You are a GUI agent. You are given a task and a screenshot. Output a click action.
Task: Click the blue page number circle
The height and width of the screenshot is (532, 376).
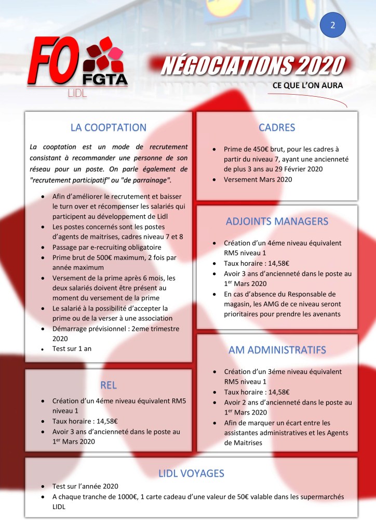[x=333, y=24]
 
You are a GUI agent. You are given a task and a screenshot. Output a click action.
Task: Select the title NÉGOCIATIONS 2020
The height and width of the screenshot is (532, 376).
[x=253, y=66]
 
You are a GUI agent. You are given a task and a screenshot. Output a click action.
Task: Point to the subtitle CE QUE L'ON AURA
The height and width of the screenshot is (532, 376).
[x=307, y=86]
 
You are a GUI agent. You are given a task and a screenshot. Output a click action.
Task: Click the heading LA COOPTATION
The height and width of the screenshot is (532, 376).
[x=109, y=127]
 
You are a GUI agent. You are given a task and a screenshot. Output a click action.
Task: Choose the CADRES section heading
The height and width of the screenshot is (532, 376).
[x=277, y=127]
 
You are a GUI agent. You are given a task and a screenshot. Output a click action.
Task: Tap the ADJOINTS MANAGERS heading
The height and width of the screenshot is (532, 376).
[x=277, y=221]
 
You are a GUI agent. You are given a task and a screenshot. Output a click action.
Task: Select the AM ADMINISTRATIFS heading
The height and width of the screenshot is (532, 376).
[x=277, y=350]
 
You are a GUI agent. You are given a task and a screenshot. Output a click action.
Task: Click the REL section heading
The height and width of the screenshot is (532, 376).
[x=109, y=385]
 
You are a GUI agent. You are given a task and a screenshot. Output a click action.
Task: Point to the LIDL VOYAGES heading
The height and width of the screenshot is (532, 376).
[x=191, y=473]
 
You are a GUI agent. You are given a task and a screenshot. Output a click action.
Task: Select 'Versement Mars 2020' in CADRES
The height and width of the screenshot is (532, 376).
[x=258, y=180]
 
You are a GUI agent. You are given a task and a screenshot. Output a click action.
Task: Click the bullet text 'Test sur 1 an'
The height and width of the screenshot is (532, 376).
[x=72, y=348]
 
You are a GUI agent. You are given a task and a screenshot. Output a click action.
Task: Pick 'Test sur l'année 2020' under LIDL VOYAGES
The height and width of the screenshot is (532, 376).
[x=85, y=486]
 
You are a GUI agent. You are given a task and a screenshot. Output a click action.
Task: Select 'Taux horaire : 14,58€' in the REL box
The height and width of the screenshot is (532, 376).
[x=85, y=421]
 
